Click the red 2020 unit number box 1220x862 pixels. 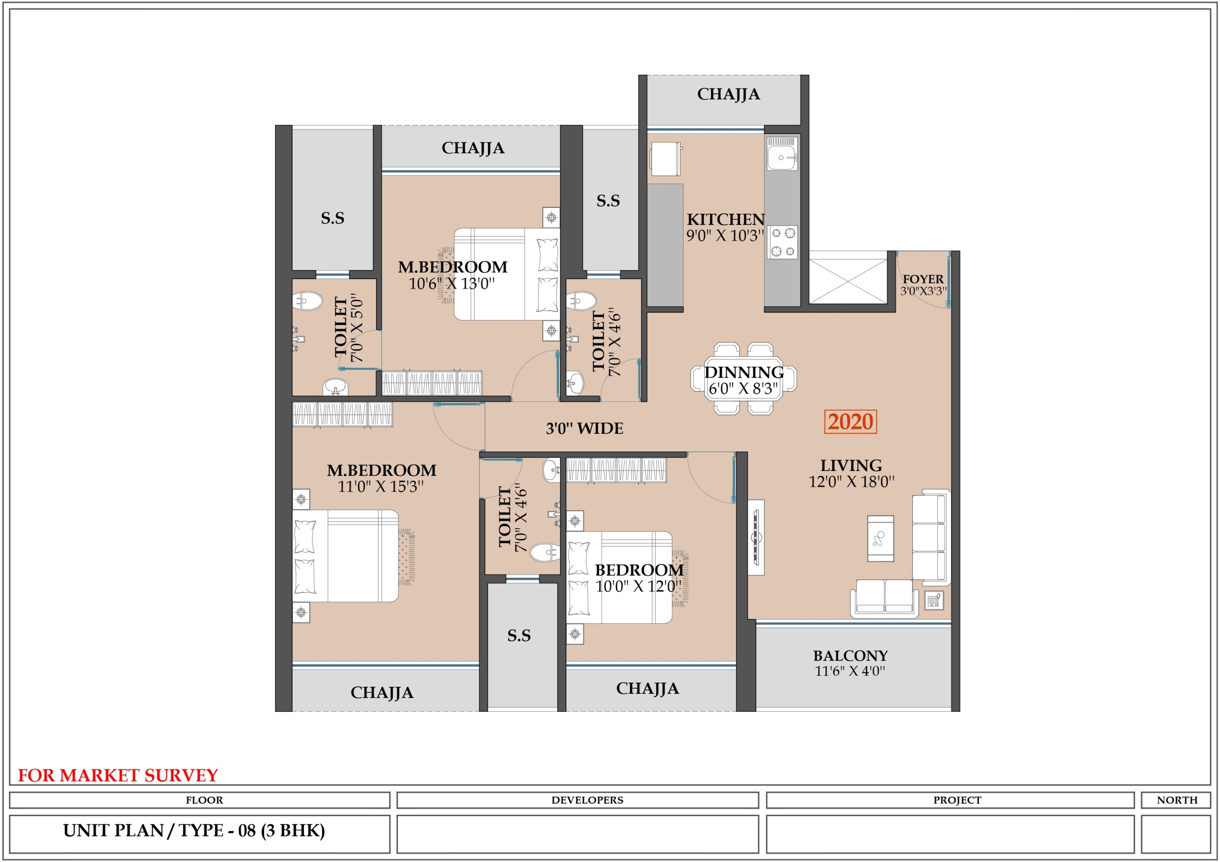[x=850, y=421]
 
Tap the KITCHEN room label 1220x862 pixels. [x=726, y=220]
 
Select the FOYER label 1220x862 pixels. [x=923, y=279]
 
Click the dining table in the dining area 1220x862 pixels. [x=743, y=378]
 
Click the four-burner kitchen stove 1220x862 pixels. [x=783, y=242]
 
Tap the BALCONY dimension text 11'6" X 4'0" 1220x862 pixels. [x=850, y=671]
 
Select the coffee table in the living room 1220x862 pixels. [x=881, y=539]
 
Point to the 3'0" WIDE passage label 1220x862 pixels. [x=584, y=429]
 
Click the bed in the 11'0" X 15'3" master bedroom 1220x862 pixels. [x=346, y=556]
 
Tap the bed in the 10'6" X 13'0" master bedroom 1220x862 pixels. [x=507, y=274]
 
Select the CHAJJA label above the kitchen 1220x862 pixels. [x=729, y=94]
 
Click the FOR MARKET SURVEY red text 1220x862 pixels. [x=118, y=775]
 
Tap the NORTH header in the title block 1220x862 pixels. [x=1178, y=800]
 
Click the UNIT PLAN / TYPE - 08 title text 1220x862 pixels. [x=194, y=830]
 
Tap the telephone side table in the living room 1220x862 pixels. [x=934, y=600]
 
